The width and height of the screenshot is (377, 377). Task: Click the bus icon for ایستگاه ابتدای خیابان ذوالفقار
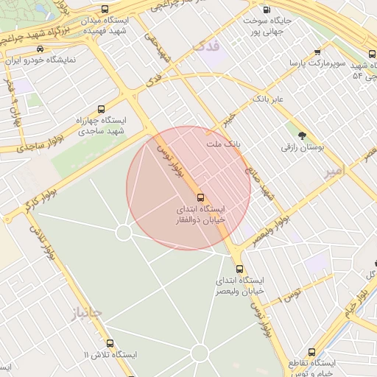coord(200,197)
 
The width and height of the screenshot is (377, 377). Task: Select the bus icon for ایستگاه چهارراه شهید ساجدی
coord(101,108)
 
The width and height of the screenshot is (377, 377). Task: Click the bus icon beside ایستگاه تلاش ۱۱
coord(110,343)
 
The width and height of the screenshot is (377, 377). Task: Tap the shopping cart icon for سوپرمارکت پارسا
coord(317,52)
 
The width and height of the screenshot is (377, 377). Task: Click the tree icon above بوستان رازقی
coord(302,135)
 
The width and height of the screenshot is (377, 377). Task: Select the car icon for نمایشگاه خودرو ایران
coord(39,49)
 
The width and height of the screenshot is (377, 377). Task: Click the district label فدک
coord(205,46)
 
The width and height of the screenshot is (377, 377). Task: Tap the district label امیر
coord(333,172)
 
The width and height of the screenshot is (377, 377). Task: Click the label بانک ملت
coord(225,144)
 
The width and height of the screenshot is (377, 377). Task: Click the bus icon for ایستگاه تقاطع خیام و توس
coord(311,353)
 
